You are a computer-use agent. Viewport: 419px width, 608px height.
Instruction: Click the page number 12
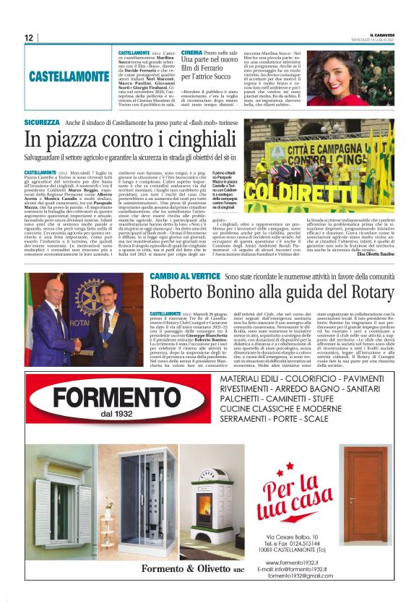(30, 38)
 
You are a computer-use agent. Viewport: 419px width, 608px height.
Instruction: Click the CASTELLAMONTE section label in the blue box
(69, 76)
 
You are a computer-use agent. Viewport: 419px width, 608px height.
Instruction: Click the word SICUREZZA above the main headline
(41, 123)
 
